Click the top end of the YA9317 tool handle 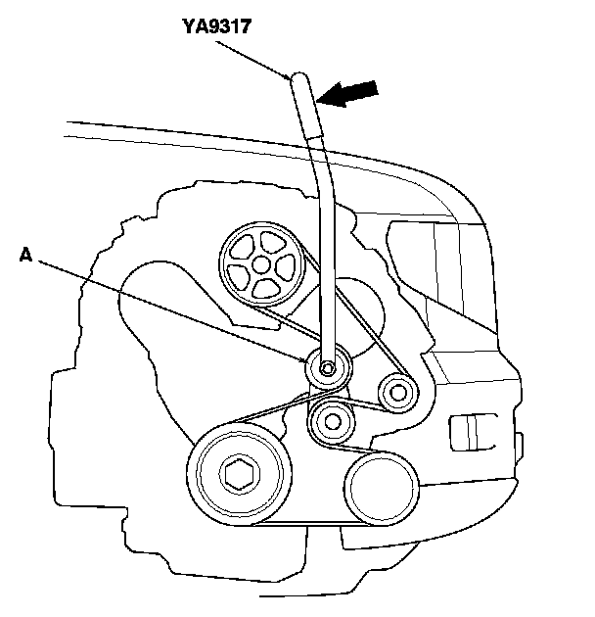tap(297, 77)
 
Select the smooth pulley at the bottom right tap(380, 484)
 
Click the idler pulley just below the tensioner tap(335, 422)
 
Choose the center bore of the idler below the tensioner tap(335, 422)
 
